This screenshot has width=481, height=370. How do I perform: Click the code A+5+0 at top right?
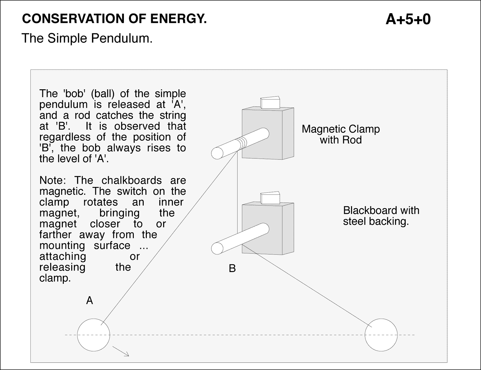coord(408,19)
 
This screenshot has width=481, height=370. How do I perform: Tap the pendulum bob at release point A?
coord(93,335)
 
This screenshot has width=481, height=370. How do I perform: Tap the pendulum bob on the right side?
coord(381,335)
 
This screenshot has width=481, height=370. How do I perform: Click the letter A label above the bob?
coord(90,300)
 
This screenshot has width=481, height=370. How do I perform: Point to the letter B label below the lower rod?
coord(232,268)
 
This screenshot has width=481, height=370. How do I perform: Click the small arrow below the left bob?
coord(121,351)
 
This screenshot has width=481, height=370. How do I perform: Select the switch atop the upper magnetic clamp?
coord(270,102)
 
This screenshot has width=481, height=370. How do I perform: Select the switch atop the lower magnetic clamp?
coord(270,198)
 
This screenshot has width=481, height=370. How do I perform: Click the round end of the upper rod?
coord(217,153)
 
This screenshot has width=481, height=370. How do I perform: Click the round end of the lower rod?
coord(217,248)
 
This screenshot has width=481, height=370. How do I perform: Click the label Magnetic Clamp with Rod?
coord(341,134)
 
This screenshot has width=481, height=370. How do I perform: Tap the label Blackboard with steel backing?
coord(381,216)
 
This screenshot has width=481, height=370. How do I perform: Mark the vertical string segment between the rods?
coord(237,195)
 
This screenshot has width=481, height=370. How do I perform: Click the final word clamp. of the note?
coord(55,278)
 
